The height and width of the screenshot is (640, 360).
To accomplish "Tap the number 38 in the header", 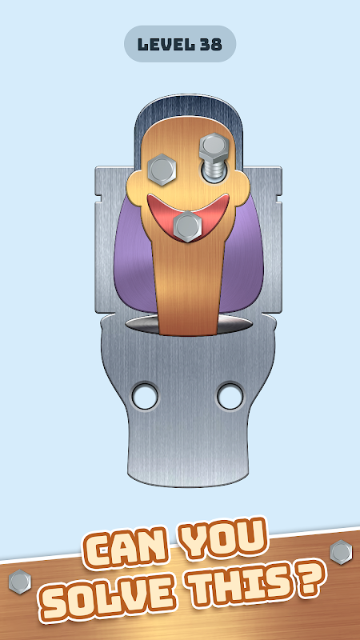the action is [x=211, y=44].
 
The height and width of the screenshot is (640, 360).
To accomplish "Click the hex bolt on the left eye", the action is [x=162, y=170].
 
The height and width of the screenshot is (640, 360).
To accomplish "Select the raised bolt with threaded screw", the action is [x=214, y=158].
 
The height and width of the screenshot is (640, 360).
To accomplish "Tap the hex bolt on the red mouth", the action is [x=187, y=226].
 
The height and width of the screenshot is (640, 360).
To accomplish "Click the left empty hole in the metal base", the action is [x=145, y=396].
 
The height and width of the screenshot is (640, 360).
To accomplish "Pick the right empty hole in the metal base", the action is [x=230, y=396].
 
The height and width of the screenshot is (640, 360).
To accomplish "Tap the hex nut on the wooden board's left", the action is [x=19, y=582].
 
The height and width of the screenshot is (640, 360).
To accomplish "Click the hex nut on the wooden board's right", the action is [x=342, y=552].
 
